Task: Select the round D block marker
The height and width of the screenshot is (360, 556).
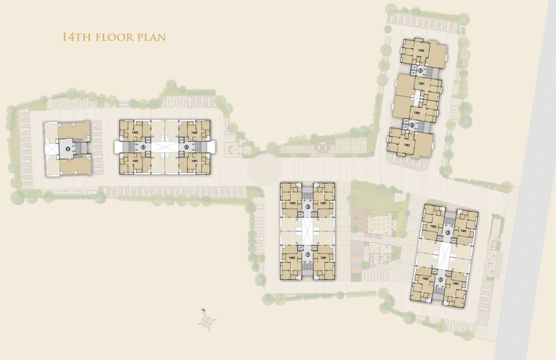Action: (x=68, y=149)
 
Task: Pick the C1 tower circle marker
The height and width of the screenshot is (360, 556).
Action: (x=186, y=147)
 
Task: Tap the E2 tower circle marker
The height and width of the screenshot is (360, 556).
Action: (x=421, y=71)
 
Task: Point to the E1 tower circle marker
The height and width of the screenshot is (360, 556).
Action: (x=412, y=125)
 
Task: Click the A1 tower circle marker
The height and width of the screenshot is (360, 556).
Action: (x=448, y=232)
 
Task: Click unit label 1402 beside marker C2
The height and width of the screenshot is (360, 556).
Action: (x=135, y=133)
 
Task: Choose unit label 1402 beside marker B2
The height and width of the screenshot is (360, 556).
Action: (x=292, y=258)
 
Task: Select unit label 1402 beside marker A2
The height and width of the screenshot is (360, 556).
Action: (x=425, y=279)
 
